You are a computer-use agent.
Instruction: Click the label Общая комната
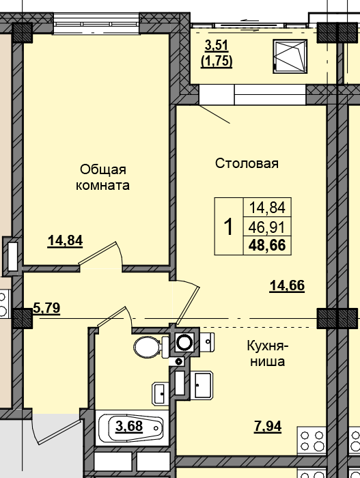coord(103,177)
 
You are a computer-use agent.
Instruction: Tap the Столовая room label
coord(247,163)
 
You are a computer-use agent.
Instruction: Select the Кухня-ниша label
coord(266,354)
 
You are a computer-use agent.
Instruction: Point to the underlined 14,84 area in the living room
coord(65,240)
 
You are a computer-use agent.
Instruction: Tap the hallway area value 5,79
coord(46,308)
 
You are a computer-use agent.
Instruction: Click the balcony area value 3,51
coord(217,46)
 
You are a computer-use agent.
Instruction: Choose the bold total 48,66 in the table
coord(268,246)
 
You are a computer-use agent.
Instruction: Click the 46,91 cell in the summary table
coord(268,227)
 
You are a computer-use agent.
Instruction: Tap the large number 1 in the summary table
coord(229,226)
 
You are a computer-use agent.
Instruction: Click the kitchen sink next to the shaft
coord(202,386)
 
